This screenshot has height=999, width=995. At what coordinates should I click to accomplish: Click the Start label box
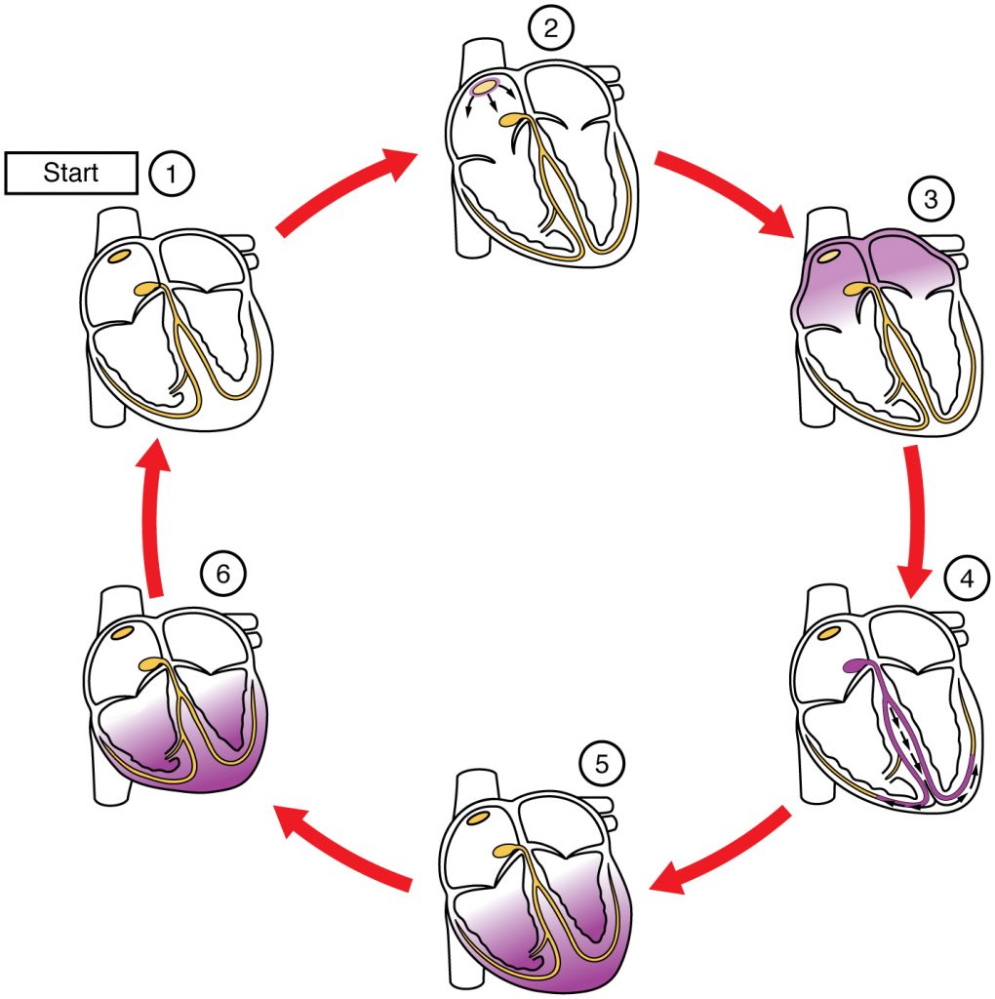pyautogui.click(x=70, y=174)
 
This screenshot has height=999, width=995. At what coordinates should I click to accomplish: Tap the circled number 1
pyautogui.click(x=172, y=175)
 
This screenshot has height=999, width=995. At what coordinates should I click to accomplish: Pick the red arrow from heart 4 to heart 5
pyautogui.click(x=721, y=850)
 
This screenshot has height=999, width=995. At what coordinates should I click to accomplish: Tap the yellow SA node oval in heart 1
pyautogui.click(x=119, y=256)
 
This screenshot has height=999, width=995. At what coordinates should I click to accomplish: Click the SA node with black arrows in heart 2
pyautogui.click(x=484, y=88)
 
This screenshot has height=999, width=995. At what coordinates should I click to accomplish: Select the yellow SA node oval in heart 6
pyautogui.click(x=122, y=632)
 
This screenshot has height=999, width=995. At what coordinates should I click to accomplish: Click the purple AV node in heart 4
pyautogui.click(x=856, y=666)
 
